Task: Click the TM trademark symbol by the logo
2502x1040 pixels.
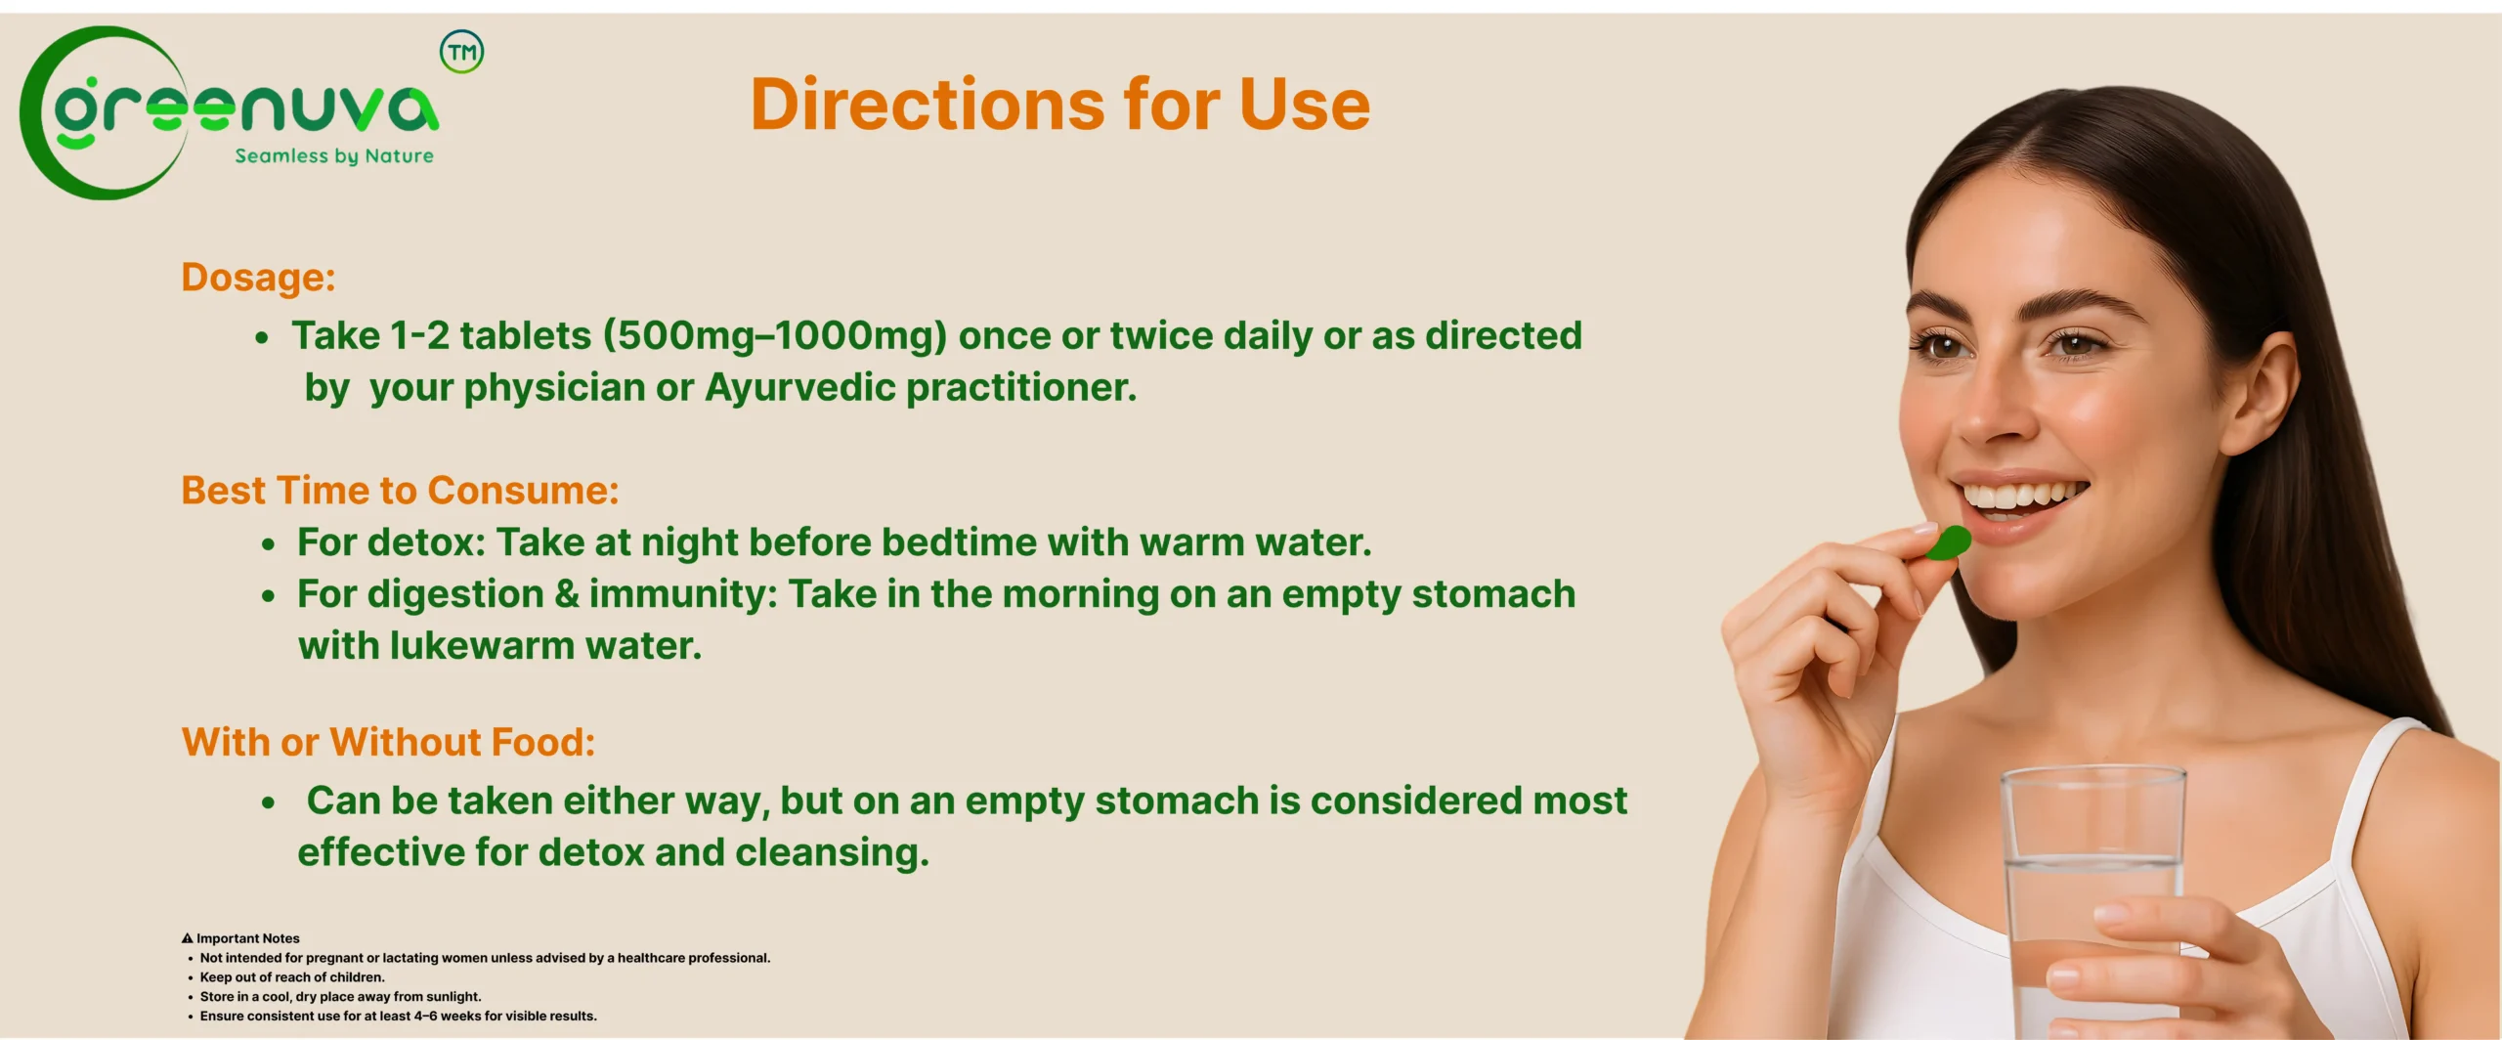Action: pyautogui.click(x=461, y=52)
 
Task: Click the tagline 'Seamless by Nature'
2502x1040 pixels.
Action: pyautogui.click(x=334, y=156)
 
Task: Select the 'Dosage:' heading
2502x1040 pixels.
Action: pyautogui.click(x=258, y=278)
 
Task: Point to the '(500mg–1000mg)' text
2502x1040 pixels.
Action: pyautogui.click(x=775, y=335)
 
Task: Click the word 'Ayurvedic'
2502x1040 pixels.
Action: pyautogui.click(x=800, y=388)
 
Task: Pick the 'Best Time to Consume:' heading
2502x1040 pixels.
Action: pyautogui.click(x=400, y=490)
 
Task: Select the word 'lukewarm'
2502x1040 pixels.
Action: pyautogui.click(x=482, y=645)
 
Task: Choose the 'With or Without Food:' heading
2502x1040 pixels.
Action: pyautogui.click(x=388, y=742)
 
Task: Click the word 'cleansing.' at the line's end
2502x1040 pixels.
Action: pyautogui.click(x=832, y=853)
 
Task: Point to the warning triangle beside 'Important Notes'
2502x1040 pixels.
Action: pyautogui.click(x=187, y=938)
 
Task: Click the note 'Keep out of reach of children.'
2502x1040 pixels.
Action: pyautogui.click(x=292, y=977)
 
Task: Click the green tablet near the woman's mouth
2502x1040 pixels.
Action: pyautogui.click(x=1950, y=542)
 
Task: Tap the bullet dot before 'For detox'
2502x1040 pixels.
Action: pyautogui.click(x=268, y=544)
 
